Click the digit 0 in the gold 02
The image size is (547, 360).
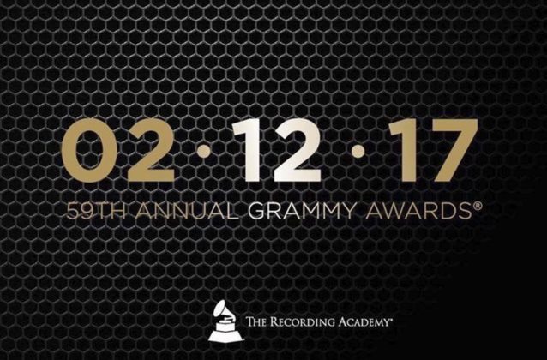90,151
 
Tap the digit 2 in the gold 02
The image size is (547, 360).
150,150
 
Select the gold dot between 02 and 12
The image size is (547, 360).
204,152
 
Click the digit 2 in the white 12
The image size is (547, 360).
297,150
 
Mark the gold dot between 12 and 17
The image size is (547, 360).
358,151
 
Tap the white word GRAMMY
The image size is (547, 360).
303,211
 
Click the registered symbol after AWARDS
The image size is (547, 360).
478,206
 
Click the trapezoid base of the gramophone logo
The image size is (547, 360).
225,336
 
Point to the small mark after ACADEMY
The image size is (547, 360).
388,319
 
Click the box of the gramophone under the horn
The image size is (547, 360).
226,326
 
